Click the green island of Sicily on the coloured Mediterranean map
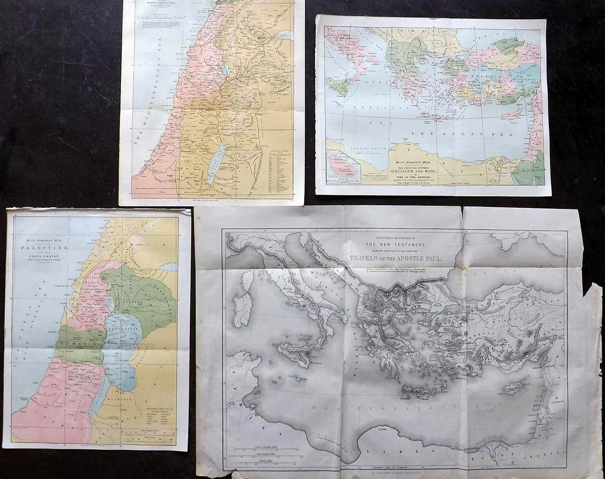(340, 86)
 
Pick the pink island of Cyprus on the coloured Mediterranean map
(512, 114)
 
